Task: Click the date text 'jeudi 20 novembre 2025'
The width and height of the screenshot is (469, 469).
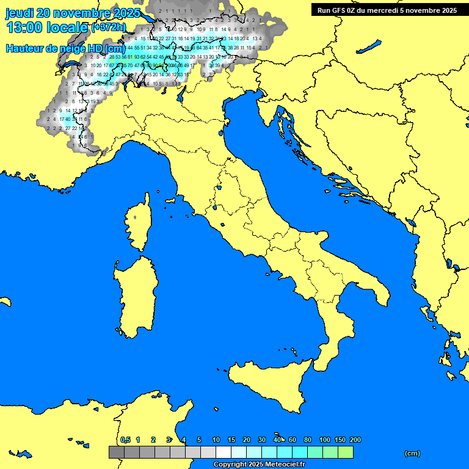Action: point(73,13)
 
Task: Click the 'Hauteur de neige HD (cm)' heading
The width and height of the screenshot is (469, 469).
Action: point(65,48)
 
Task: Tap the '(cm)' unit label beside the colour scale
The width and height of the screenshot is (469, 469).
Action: point(412,453)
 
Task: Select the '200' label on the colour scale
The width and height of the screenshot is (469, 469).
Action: point(355,440)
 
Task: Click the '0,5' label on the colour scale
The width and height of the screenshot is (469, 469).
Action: point(125,440)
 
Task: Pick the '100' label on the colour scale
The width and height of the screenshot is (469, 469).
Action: point(324,440)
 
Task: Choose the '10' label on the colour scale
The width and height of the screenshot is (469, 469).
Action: point(216,440)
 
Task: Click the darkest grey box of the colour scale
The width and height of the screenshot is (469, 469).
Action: point(116,453)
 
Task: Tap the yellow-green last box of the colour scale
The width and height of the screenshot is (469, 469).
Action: point(346,453)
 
